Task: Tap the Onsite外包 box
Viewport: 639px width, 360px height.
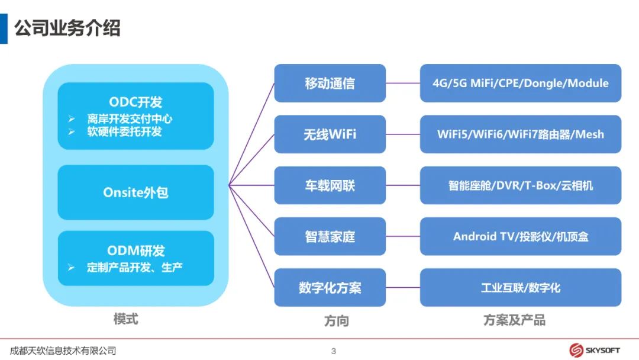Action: pos(135,192)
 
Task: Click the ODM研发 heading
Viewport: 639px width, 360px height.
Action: pos(135,250)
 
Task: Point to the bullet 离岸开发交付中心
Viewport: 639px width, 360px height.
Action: pos(130,119)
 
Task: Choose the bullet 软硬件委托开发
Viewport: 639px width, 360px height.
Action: pos(124,131)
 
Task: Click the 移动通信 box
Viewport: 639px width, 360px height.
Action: pos(330,83)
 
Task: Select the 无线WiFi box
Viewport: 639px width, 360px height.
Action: pos(330,134)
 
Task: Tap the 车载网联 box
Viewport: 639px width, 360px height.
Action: pos(330,185)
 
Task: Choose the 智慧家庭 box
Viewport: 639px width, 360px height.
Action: pos(330,237)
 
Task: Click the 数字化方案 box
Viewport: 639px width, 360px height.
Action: pos(330,288)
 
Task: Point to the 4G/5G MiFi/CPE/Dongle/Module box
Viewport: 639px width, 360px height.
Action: pos(521,83)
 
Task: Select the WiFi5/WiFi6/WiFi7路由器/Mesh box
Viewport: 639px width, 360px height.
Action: pos(521,134)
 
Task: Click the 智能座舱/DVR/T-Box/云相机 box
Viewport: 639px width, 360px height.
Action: pos(521,185)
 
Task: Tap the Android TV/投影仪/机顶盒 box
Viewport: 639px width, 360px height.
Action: pos(521,237)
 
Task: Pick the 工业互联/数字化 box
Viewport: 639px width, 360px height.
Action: pos(521,288)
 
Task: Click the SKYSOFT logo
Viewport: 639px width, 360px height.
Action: pos(595,350)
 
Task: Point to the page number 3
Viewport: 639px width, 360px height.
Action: pos(334,351)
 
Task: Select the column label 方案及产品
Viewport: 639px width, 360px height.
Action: pos(514,320)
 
